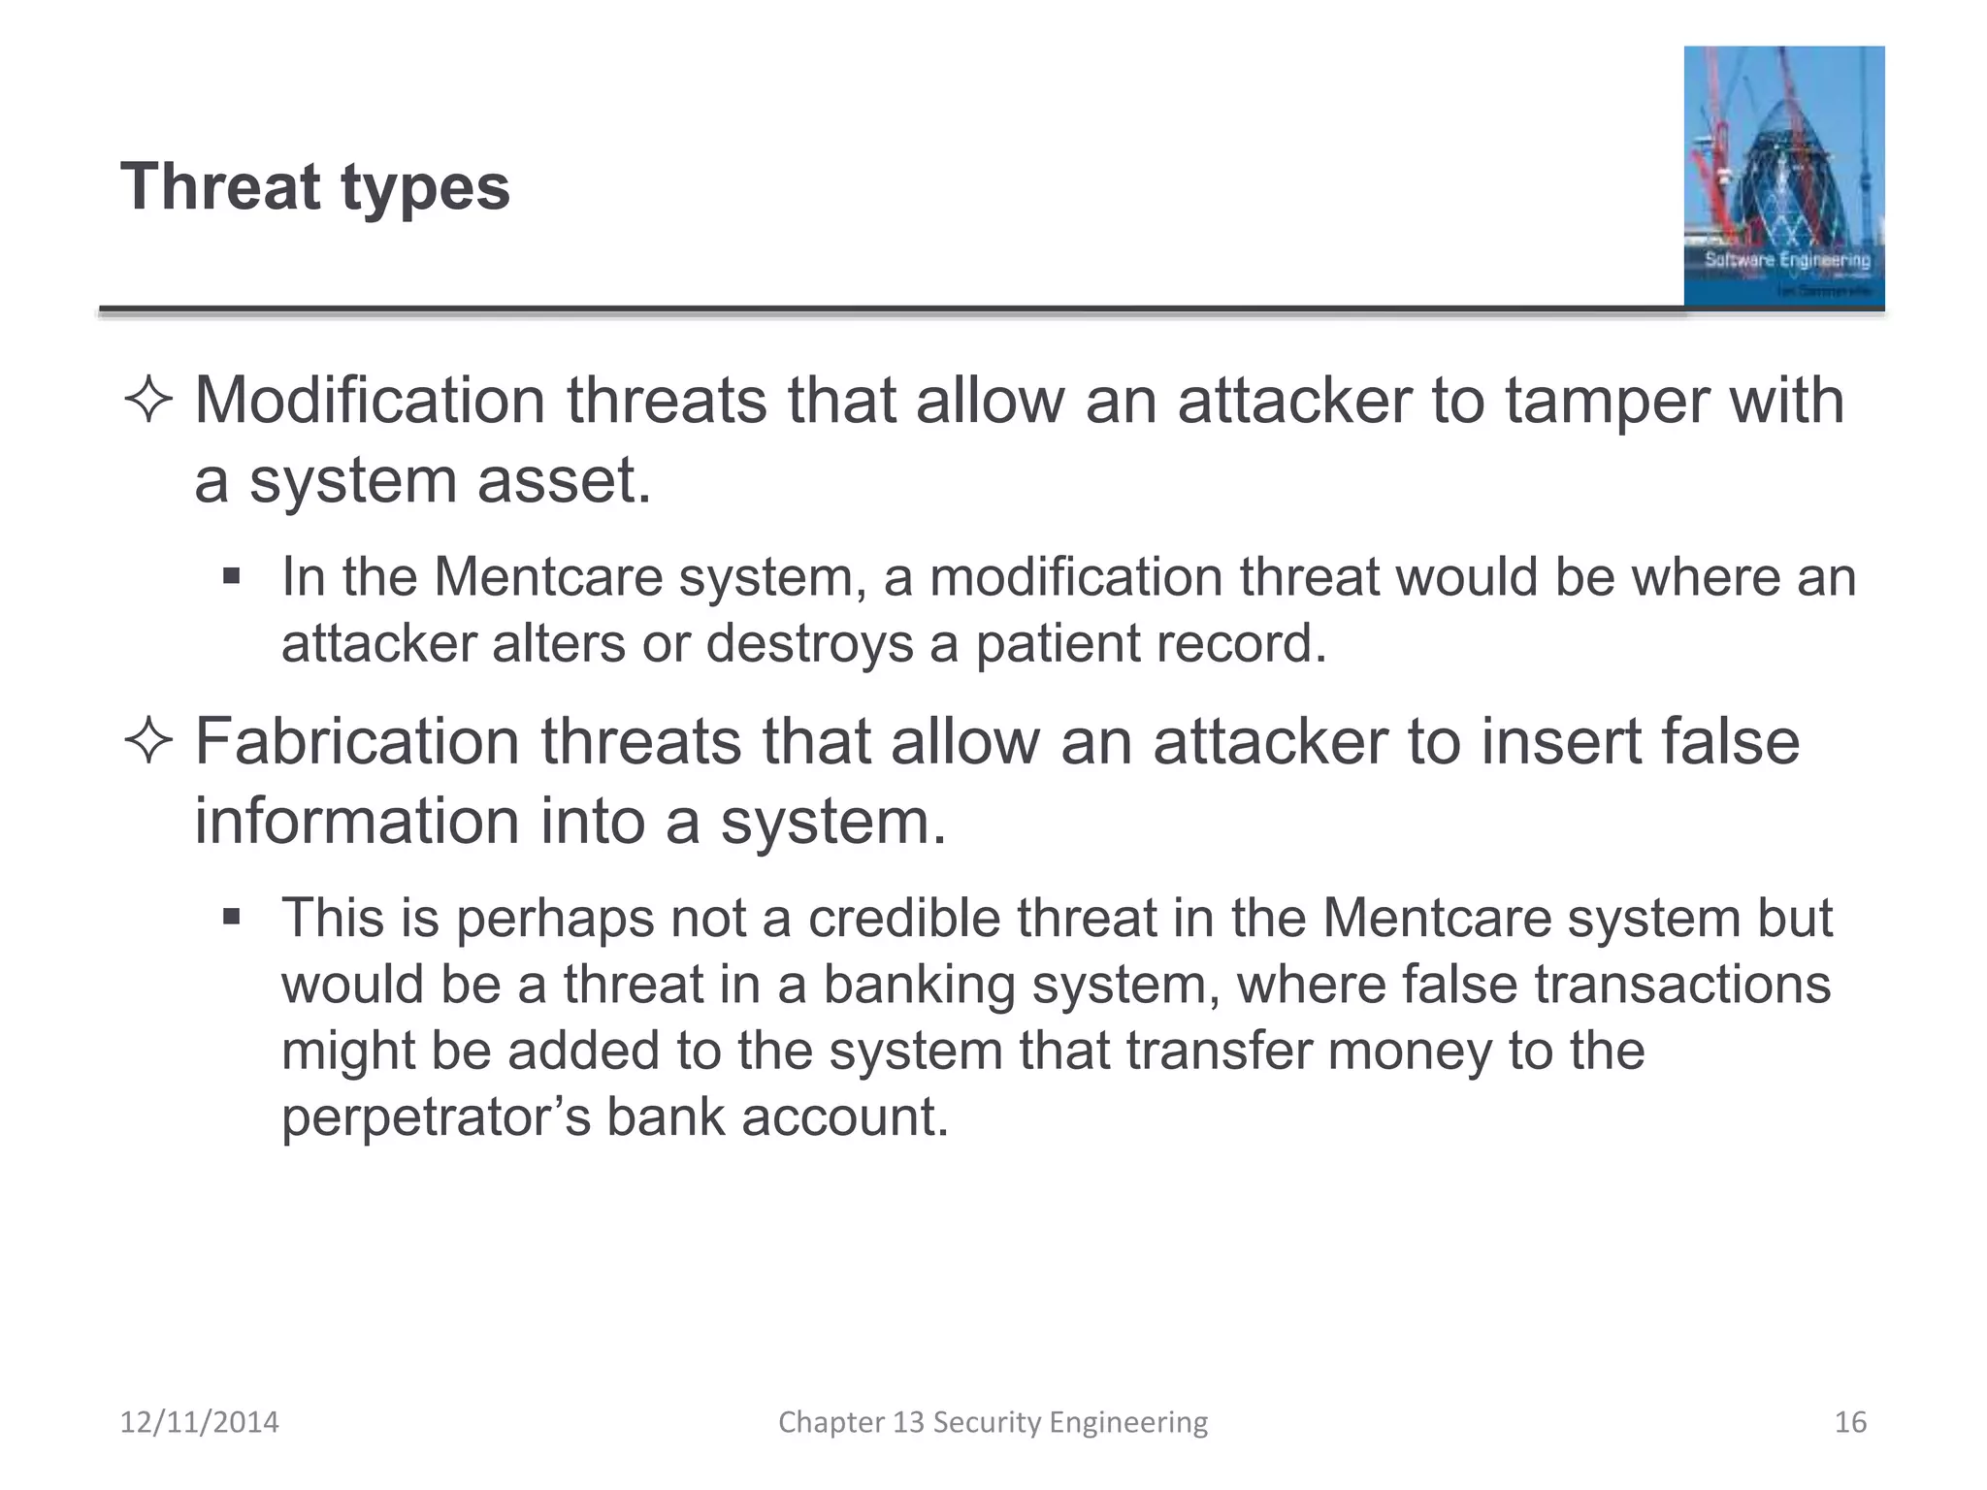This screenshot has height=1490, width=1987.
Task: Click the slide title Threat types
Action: click(x=315, y=186)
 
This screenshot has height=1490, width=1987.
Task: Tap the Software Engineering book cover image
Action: click(x=1783, y=177)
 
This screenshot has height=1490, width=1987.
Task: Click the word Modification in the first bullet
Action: click(x=369, y=401)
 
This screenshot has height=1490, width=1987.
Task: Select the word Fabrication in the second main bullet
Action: click(x=357, y=742)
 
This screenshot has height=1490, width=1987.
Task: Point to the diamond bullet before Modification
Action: click(x=148, y=401)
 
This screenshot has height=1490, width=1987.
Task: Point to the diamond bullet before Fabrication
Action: click(x=148, y=742)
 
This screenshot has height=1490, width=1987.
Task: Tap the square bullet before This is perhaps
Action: click(x=231, y=918)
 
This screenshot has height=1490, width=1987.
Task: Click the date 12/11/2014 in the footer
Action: click(x=199, y=1422)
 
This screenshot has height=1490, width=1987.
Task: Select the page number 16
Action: click(x=1850, y=1422)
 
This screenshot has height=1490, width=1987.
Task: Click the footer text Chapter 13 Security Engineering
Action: click(x=993, y=1422)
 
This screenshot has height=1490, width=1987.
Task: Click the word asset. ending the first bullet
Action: click(x=564, y=480)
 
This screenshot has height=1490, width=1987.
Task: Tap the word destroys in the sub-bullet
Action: click(x=809, y=643)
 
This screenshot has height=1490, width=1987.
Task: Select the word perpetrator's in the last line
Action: click(x=436, y=1117)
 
